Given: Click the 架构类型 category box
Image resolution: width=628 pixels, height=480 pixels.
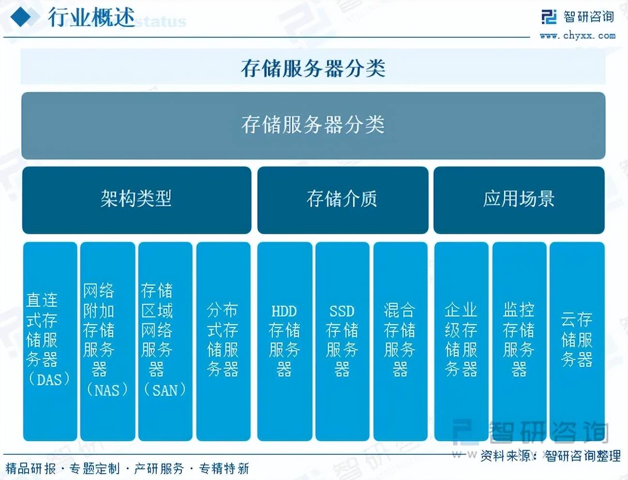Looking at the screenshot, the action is point(137,200).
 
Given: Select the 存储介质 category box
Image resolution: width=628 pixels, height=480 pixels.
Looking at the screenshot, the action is point(343,200).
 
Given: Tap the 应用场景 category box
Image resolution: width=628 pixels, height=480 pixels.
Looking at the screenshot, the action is point(519,200).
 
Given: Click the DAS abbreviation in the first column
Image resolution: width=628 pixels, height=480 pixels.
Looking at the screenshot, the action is point(49,379).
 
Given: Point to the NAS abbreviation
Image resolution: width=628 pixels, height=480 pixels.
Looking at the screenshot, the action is point(107,390).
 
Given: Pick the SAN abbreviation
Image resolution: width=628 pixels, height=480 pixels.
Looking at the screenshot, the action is point(165,390).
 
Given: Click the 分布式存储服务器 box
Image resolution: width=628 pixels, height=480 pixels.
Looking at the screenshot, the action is point(224,341).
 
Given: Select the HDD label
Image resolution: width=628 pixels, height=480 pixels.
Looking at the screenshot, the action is point(284,311).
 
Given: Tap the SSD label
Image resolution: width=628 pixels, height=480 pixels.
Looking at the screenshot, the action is point(342,311).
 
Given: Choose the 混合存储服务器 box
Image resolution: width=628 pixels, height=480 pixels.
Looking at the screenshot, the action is point(401,341).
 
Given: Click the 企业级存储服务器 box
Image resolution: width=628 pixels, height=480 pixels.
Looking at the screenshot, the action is point(461,341).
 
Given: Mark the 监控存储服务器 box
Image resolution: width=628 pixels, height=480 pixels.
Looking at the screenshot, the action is point(519,341).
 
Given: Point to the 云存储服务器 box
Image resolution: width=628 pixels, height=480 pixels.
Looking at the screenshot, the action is point(577,341).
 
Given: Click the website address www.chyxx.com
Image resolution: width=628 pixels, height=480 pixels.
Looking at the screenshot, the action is point(578,36).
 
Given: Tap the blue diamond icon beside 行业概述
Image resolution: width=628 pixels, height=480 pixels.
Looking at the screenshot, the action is point(21,17).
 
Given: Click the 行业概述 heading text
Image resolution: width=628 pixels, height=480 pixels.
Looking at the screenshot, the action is point(91,17).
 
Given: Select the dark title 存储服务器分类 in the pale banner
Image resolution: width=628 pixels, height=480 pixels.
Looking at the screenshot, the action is point(313,68).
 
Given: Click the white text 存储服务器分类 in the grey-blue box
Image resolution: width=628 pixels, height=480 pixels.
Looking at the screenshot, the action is point(313,125).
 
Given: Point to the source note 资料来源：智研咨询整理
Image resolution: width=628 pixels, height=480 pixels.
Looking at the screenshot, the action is point(551,456).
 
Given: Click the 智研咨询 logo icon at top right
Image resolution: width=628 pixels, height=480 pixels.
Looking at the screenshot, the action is point(549,17).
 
